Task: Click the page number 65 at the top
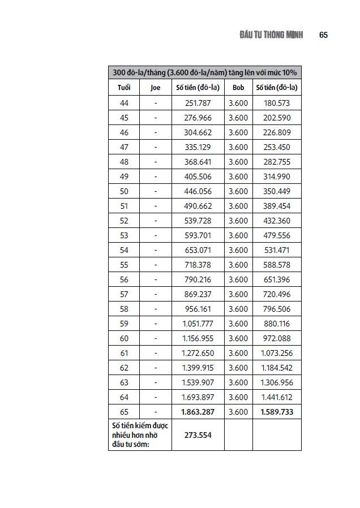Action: click(323, 35)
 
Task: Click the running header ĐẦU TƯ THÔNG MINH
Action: click(271, 35)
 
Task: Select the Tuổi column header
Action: click(124, 88)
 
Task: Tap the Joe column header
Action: click(156, 88)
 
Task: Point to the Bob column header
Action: click(238, 88)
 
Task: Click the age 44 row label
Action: click(124, 103)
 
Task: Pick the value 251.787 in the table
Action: click(198, 103)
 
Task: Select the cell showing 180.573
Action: click(277, 103)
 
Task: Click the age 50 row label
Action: click(124, 191)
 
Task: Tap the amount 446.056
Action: click(198, 191)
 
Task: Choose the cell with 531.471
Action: click(277, 250)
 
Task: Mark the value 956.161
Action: click(198, 309)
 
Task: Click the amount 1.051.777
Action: click(198, 324)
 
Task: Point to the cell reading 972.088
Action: click(277, 338)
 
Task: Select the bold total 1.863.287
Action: click(198, 412)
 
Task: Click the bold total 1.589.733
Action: click(277, 412)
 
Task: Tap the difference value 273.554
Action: click(198, 434)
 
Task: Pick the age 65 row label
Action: click(124, 412)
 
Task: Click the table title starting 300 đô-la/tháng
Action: click(204, 72)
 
